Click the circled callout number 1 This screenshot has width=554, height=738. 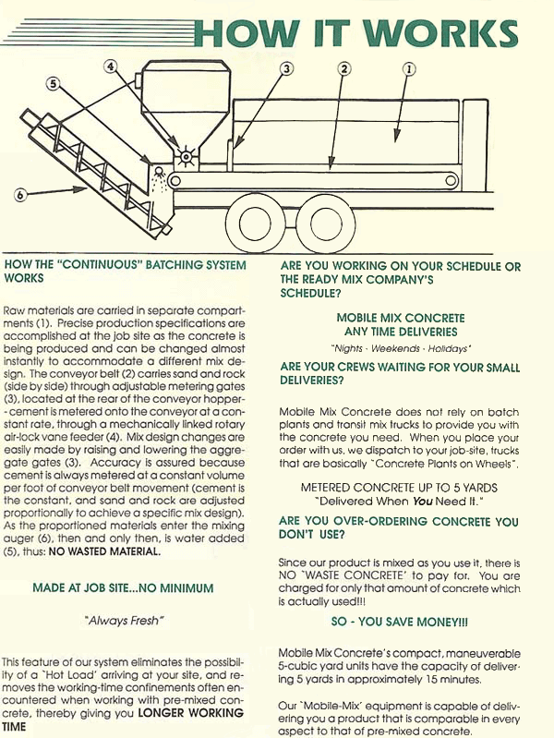pyautogui.click(x=409, y=67)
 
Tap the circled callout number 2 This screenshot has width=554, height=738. pyautogui.click(x=344, y=68)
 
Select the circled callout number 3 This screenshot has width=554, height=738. pyautogui.click(x=286, y=68)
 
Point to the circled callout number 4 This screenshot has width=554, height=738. pyautogui.click(x=112, y=67)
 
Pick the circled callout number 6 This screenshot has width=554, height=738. pyautogui.click(x=19, y=195)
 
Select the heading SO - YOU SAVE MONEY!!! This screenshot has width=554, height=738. pyautogui.click(x=400, y=622)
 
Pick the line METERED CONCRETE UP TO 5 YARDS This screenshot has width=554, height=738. pyautogui.click(x=400, y=487)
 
